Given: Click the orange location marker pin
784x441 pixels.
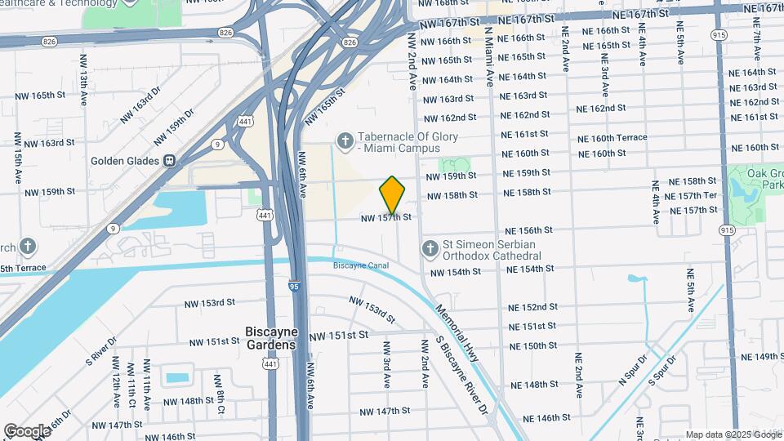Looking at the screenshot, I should [x=393, y=194].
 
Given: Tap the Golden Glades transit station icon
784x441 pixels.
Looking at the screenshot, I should [x=170, y=160].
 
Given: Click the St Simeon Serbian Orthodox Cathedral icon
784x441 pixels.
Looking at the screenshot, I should [x=430, y=247].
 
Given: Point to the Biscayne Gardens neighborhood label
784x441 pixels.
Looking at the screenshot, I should [x=270, y=338].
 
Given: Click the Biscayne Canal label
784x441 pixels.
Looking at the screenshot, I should [x=360, y=265].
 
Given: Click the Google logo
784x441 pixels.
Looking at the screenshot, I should [x=27, y=430].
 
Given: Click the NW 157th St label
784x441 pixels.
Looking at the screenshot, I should [x=385, y=218].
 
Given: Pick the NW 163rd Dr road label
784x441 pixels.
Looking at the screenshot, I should [x=136, y=110].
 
